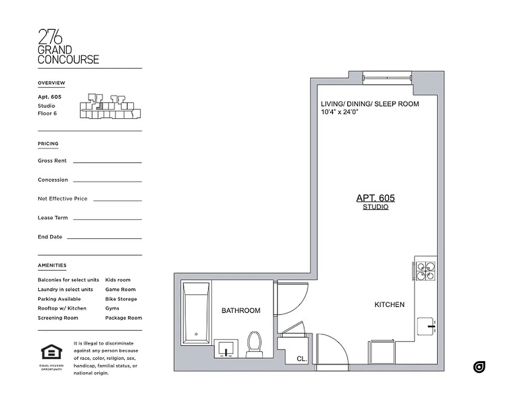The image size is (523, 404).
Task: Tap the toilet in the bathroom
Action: pyautogui.click(x=254, y=343)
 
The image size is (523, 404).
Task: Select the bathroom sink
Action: pyautogui.click(x=226, y=348)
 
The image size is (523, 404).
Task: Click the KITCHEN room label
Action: pyautogui.click(x=389, y=305)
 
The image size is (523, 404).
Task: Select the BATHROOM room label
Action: pyautogui.click(x=241, y=311)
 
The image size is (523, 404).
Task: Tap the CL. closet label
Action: pyautogui.click(x=302, y=359)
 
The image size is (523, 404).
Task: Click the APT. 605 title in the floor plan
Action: pyautogui.click(x=375, y=198)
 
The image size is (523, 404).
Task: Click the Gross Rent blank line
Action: pyautogui.click(x=107, y=162)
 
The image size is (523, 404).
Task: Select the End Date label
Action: pyautogui.click(x=50, y=237)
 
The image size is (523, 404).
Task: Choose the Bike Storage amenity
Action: pyautogui.click(x=121, y=299)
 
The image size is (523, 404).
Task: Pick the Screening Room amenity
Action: pyautogui.click(x=58, y=318)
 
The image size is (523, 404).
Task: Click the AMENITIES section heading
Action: pyautogui.click(x=52, y=265)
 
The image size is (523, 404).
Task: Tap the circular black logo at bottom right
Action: pyautogui.click(x=479, y=367)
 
